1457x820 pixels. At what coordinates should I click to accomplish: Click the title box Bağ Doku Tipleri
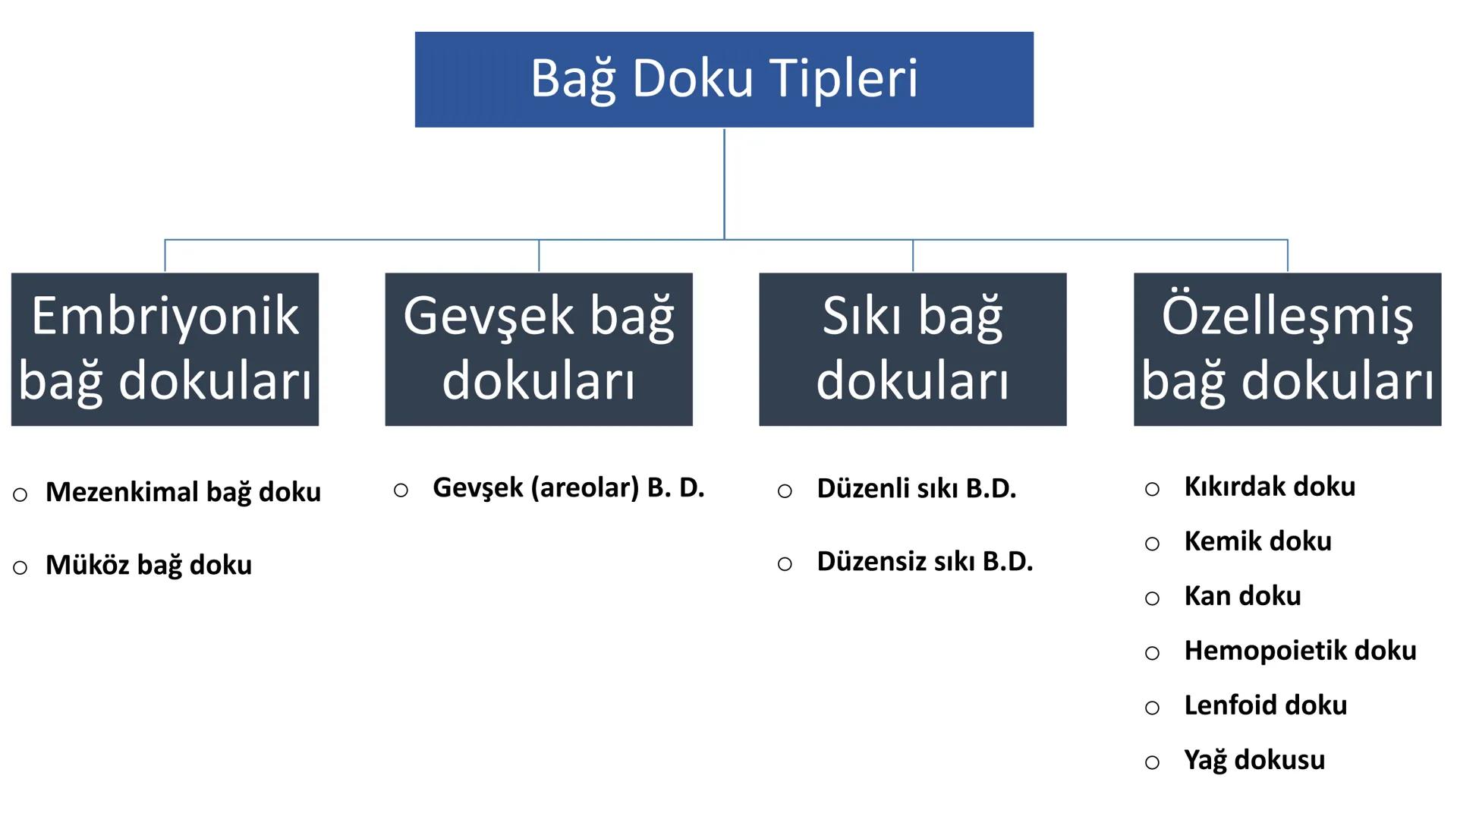(724, 80)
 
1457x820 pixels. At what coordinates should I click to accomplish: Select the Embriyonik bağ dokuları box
(165, 349)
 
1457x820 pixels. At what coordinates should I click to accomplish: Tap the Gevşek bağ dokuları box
(539, 349)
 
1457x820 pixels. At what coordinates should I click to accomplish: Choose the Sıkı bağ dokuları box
(913, 349)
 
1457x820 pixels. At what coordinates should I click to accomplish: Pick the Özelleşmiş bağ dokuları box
(1287, 349)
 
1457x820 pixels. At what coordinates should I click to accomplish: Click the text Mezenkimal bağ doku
(183, 492)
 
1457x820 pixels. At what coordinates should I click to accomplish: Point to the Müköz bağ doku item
(149, 565)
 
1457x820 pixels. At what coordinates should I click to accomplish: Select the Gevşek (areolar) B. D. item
(568, 487)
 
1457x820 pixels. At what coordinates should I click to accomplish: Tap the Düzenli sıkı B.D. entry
(916, 489)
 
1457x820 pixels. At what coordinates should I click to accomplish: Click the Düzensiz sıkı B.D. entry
(924, 562)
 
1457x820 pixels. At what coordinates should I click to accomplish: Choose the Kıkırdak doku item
(1270, 487)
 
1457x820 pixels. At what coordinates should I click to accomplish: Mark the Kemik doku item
(1257, 541)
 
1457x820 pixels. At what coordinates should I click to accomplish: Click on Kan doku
(1242, 596)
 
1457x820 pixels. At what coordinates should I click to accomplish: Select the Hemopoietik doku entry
(1300, 651)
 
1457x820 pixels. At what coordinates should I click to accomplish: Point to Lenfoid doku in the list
(1266, 705)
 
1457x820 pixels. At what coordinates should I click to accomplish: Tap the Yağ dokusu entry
(1254, 760)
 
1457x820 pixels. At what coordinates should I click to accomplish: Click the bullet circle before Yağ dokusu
(1152, 762)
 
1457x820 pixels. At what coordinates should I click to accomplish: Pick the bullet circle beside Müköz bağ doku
(20, 568)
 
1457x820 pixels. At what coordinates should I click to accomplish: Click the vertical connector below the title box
(724, 182)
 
